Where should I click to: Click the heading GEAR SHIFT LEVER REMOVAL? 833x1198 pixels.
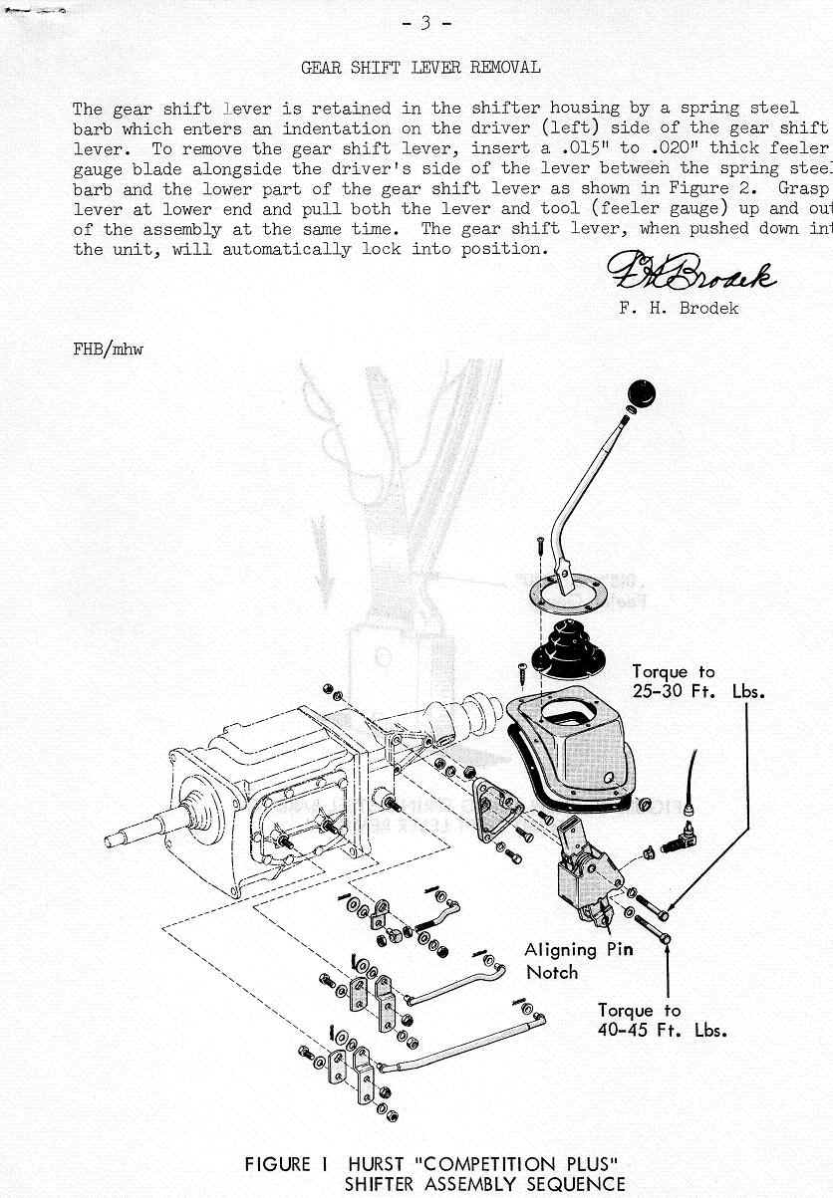(420, 68)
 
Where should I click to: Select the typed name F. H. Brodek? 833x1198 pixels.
(679, 308)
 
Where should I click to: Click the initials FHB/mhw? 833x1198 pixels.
(108, 350)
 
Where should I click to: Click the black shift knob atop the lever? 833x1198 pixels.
(641, 393)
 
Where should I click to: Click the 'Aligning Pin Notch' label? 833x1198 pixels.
(578, 960)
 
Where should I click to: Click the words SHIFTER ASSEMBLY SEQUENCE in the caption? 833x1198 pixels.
(484, 1184)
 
